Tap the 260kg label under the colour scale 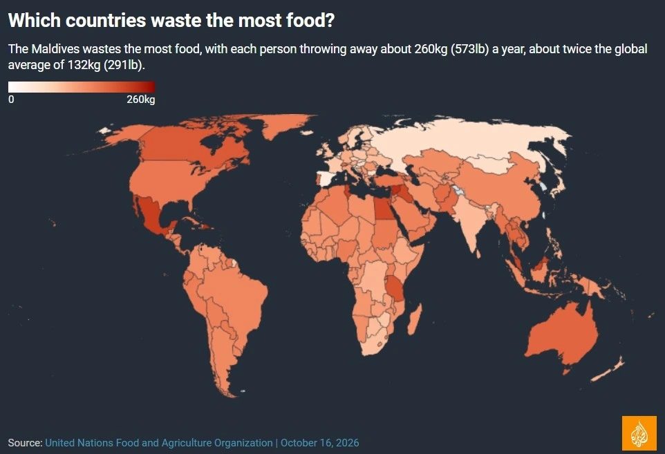pos(141,100)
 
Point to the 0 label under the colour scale pos(11,100)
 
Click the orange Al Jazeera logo pos(639,433)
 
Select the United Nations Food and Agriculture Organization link pos(159,442)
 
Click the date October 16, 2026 pos(320,442)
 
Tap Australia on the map pos(563,335)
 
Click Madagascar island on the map pos(415,319)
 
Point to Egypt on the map pos(384,209)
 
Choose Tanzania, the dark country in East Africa pos(395,289)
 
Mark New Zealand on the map pos(609,369)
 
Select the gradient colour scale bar pos(82,87)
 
